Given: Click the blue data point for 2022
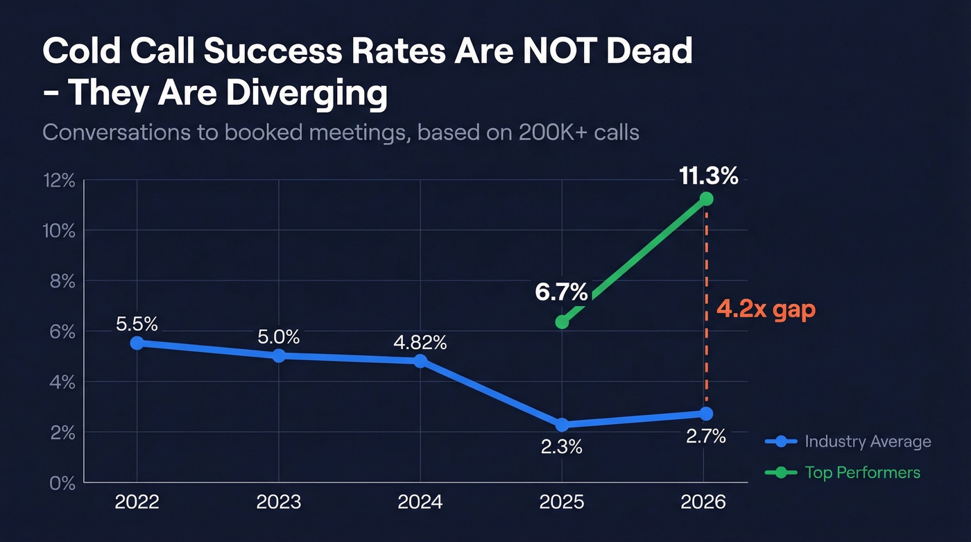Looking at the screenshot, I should [x=137, y=343].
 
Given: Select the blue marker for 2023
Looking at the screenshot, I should [x=279, y=355].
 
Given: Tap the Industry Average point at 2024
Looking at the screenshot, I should [x=420, y=361].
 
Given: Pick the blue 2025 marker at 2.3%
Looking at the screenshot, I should [x=562, y=425].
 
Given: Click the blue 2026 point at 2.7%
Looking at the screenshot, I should [x=706, y=414].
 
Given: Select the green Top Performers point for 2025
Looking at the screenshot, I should [x=562, y=322].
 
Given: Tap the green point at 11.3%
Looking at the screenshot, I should [x=706, y=199].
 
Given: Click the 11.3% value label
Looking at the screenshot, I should [x=708, y=176].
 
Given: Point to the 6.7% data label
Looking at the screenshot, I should [x=561, y=292].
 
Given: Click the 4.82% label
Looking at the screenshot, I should [x=420, y=342].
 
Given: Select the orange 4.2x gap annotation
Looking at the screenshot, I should [x=766, y=309].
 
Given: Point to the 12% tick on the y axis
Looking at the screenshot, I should [x=58, y=180].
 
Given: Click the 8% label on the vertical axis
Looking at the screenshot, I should [x=62, y=281].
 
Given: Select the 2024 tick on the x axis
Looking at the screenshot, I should [x=420, y=502].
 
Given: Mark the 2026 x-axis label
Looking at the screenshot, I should [x=703, y=502].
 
